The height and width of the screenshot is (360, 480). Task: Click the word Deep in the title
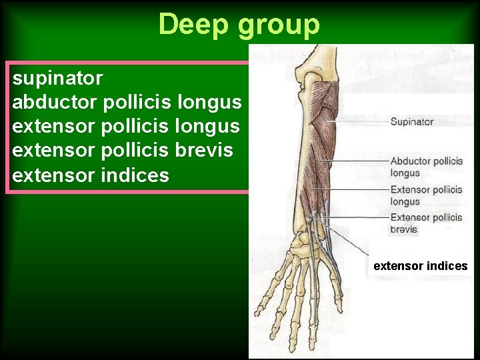pos(193,25)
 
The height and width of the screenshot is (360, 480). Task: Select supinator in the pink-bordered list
pos(57,79)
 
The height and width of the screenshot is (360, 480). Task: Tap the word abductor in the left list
pos(55,103)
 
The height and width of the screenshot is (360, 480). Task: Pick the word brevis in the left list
pos(205,151)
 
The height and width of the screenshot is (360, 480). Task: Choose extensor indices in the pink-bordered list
pos(91,175)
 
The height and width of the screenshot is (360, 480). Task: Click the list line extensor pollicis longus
pos(127,127)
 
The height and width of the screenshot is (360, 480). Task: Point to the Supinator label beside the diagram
pos(411,121)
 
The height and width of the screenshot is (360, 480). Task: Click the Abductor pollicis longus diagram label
pos(426,167)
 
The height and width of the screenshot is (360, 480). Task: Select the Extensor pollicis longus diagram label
pos(426,195)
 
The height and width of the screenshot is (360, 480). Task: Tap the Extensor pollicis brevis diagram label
pos(426,223)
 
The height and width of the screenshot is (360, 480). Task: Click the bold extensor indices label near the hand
pos(421,266)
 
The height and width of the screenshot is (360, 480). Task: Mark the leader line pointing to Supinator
pos(360,122)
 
